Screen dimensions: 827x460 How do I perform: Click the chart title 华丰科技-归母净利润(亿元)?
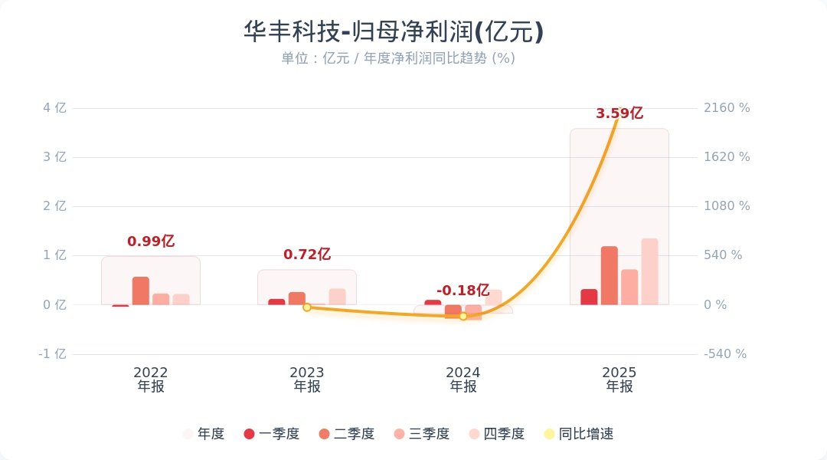394,31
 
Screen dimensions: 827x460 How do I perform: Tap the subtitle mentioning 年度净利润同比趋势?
398,58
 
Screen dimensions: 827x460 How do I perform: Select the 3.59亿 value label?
619,113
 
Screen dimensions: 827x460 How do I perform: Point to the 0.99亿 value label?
151,242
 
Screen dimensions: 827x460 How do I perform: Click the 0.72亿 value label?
307,255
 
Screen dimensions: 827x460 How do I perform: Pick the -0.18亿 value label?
463,291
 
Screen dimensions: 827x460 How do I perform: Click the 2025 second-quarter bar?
610,276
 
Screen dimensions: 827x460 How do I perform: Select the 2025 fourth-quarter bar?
650,271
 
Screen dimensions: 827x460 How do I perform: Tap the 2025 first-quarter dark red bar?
589,297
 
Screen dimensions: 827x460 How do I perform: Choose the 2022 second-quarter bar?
141,291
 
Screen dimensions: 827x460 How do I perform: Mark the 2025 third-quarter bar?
629,287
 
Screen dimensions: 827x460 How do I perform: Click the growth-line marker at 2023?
307,307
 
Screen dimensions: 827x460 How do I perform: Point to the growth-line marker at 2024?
463,316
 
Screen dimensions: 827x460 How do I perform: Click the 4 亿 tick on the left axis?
55,108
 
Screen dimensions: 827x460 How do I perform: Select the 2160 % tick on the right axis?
727,108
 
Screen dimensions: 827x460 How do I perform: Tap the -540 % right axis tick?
725,354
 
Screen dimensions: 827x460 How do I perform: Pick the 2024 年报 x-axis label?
463,379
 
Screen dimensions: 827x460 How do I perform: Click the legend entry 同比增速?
579,434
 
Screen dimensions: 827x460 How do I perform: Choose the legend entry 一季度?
272,434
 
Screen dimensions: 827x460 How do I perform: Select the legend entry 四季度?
497,434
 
